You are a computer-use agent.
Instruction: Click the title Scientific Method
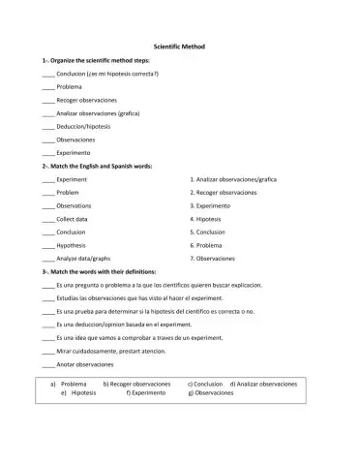179,46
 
